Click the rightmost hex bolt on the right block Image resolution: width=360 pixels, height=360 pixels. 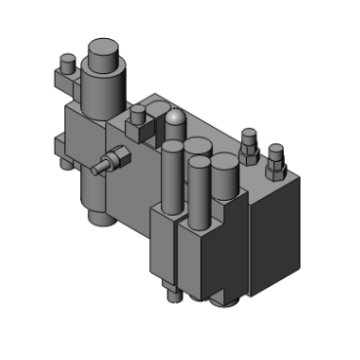pyautogui.click(x=275, y=157)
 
